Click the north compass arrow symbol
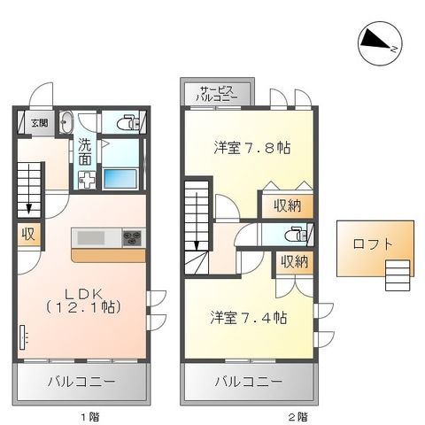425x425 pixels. pyautogui.click(x=378, y=41)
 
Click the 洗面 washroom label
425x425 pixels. pyautogui.click(x=85, y=152)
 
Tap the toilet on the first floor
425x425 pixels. pyautogui.click(x=125, y=123)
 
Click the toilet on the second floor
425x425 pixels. pyautogui.click(x=295, y=235)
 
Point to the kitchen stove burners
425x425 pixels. pyautogui.click(x=132, y=236)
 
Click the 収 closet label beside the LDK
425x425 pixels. pyautogui.click(x=27, y=235)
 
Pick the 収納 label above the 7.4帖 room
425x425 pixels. pyautogui.click(x=294, y=262)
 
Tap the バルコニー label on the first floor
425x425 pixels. pyautogui.click(x=79, y=382)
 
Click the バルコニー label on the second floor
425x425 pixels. pyautogui.click(x=248, y=382)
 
